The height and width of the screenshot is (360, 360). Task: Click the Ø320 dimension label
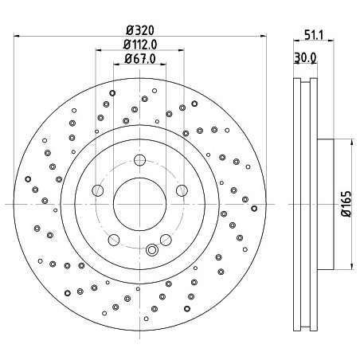click(140, 30)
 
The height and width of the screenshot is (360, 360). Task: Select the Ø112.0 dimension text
click(140, 45)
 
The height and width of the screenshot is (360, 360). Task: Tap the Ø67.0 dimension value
click(140, 59)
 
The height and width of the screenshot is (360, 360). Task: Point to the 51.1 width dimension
click(314, 35)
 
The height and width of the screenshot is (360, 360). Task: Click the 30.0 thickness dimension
click(305, 57)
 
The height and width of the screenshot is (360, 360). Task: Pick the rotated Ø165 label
click(346, 204)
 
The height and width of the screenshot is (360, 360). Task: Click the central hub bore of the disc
click(139, 204)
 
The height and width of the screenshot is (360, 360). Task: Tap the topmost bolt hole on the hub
click(139, 160)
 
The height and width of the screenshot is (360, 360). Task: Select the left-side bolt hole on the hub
click(97, 190)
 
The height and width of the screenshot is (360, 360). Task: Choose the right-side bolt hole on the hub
click(182, 190)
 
